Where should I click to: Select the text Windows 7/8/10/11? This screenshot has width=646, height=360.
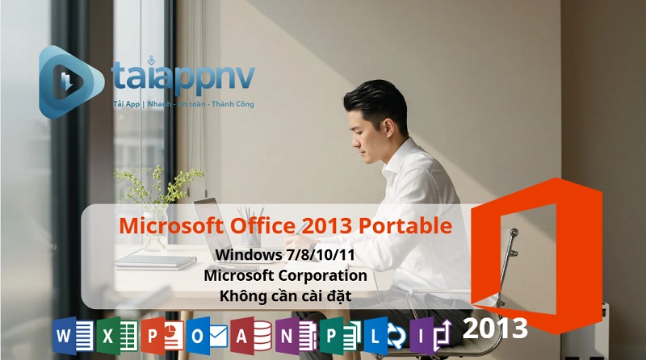click(285, 256)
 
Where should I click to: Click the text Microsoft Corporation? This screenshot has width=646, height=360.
click(285, 275)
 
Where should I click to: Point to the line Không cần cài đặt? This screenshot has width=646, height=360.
click(285, 295)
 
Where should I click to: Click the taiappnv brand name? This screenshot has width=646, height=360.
click(182, 77)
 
